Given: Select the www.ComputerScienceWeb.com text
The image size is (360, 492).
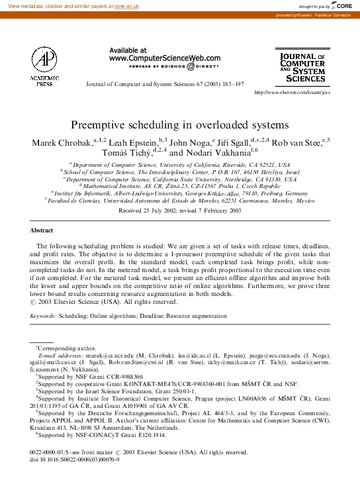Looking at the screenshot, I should (165, 58).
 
